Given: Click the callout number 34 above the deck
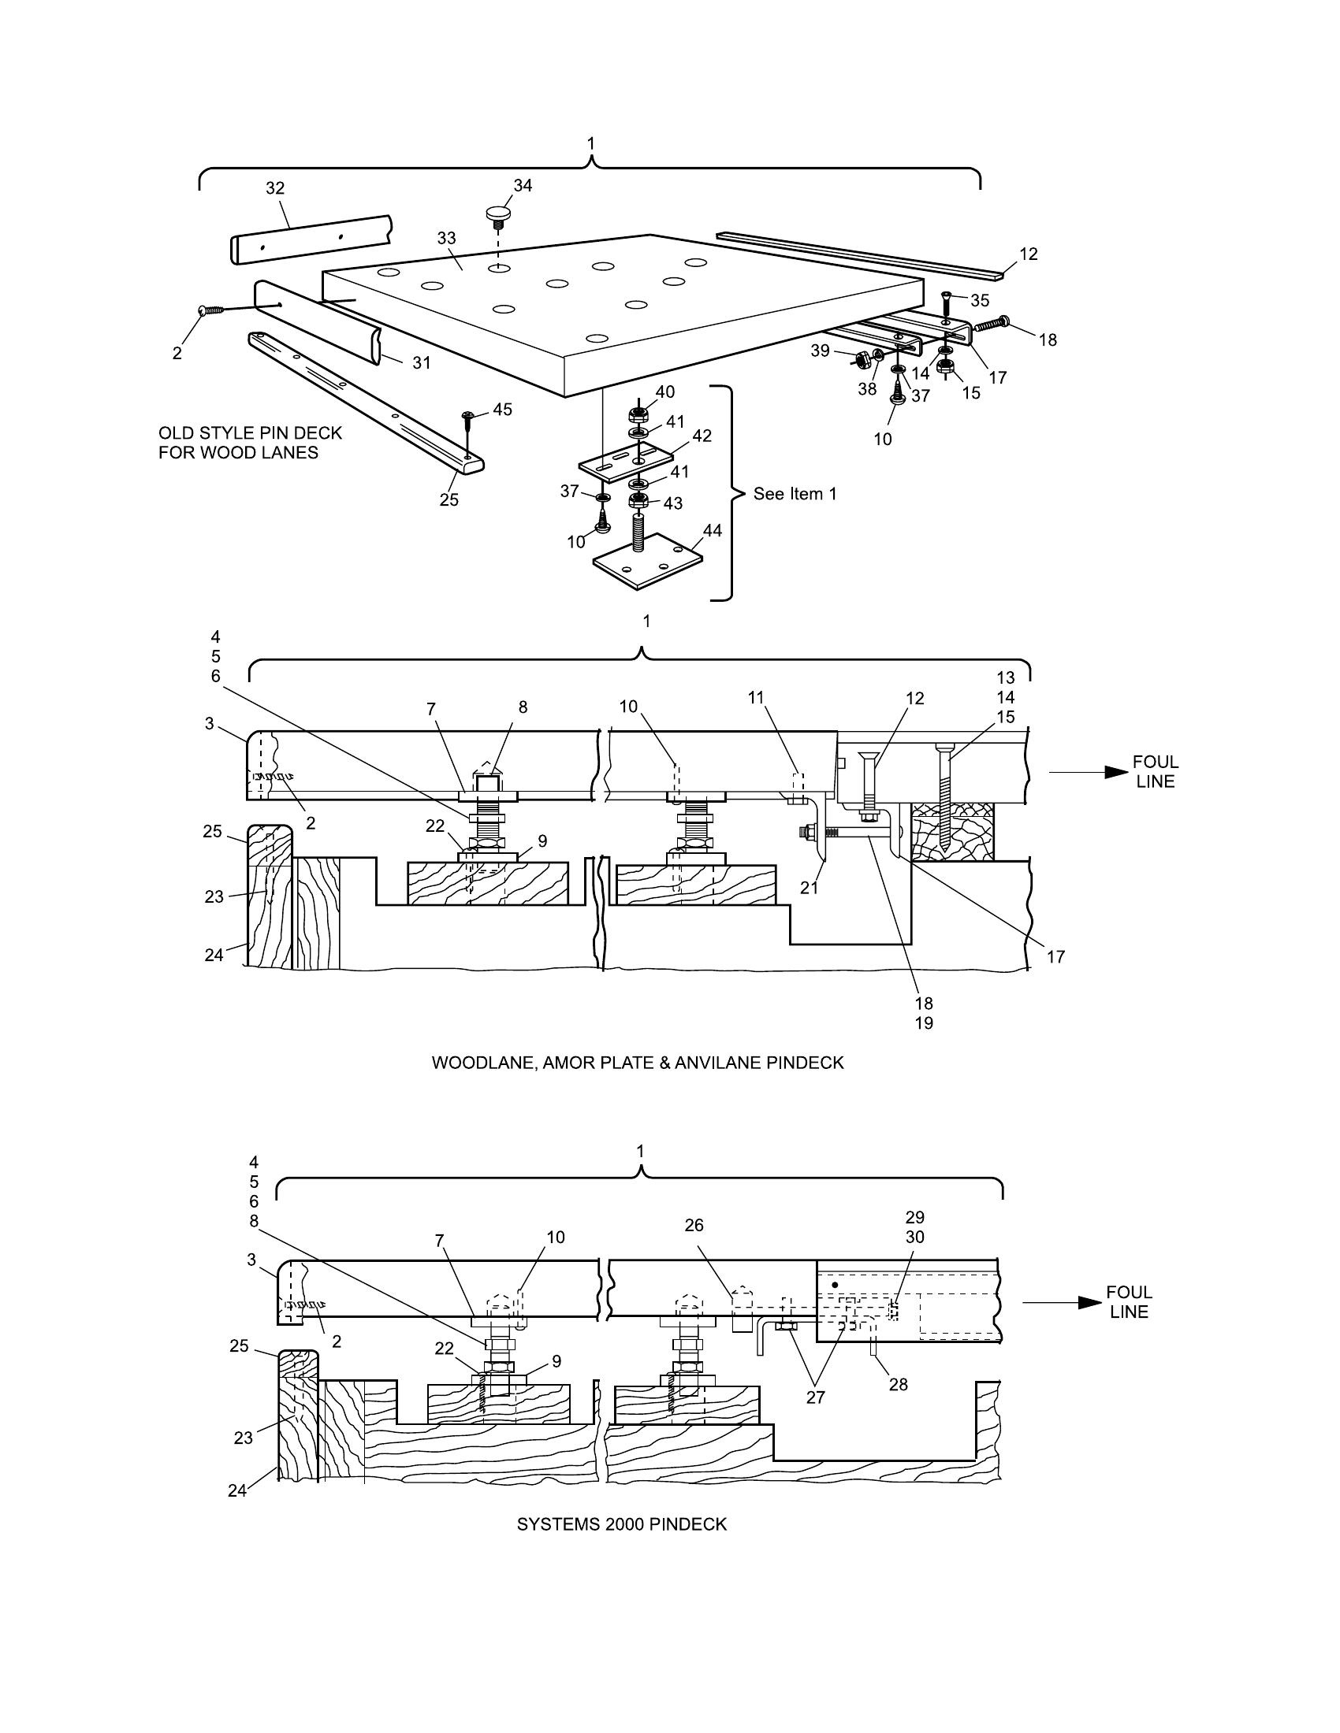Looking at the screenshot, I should coord(523,185).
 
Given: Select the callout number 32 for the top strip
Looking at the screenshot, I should coord(274,188).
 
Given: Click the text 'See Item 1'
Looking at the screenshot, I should coord(795,494).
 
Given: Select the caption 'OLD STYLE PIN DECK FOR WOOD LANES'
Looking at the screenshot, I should coord(250,443).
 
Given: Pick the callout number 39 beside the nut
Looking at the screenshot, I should coord(820,350).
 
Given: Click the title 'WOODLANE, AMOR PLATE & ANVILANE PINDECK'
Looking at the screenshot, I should coord(638,1063).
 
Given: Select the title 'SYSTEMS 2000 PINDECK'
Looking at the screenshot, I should coord(622,1524).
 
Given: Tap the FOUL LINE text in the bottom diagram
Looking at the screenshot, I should coord(1129,1302).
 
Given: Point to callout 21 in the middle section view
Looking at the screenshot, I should coord(809,889).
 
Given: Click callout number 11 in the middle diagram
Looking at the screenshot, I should coord(756,697).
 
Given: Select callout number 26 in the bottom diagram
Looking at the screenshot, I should coord(694,1225).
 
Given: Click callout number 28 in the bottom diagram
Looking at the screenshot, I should coord(898,1384).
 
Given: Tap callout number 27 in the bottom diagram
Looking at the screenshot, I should coord(815,1397).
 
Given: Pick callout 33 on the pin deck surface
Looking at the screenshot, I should coord(447,238).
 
